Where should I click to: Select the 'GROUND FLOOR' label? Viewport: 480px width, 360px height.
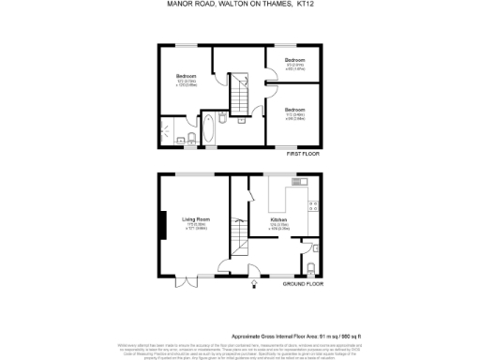[302, 283]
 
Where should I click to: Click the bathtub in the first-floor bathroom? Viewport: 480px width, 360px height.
[208, 130]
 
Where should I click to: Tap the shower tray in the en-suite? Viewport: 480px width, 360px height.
[169, 130]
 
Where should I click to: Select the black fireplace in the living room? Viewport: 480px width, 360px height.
[163, 225]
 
